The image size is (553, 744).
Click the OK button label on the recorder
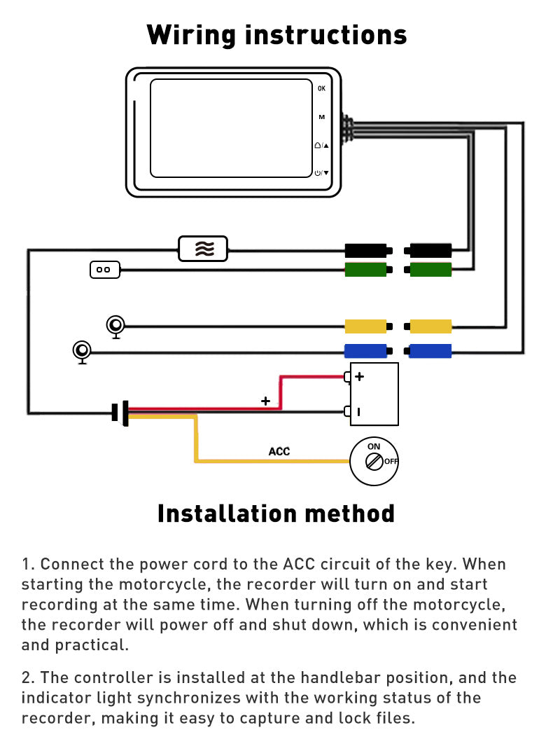tap(321, 88)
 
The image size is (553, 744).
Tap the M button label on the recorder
tap(321, 117)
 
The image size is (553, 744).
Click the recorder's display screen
tap(230, 128)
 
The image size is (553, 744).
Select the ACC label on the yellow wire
tap(279, 451)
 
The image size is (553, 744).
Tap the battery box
tap(374, 394)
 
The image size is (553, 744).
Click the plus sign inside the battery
tap(360, 376)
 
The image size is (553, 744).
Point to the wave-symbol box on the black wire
tap(203, 249)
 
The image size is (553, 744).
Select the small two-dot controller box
tap(105, 269)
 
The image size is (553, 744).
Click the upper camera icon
tap(116, 325)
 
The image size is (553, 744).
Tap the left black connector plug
tap(365, 249)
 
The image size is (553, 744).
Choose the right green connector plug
tap(430, 269)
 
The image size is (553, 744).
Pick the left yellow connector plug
tap(365, 326)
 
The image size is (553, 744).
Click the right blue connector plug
tap(430, 351)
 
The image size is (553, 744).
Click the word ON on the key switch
tap(374, 446)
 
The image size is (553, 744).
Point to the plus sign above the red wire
tap(265, 401)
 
